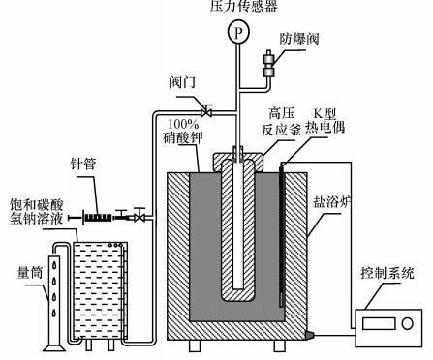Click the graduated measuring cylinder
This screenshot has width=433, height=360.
(55, 300)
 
